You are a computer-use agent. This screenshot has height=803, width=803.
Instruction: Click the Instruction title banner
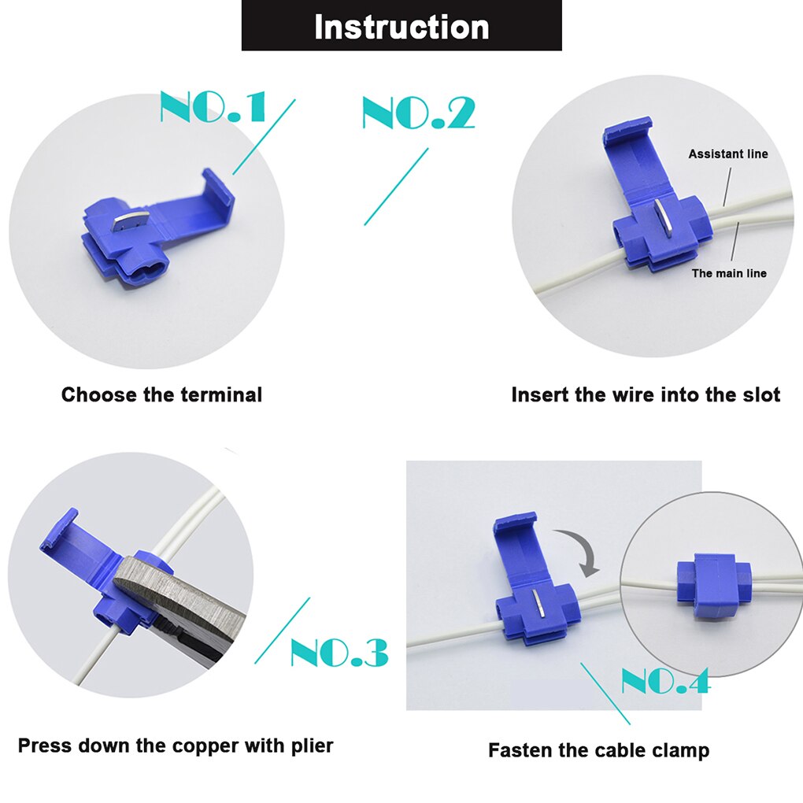pyautogui.click(x=401, y=26)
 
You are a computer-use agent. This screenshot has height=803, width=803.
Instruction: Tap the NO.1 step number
pyautogui.click(x=213, y=108)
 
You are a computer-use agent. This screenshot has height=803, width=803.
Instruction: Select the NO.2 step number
pyautogui.click(x=418, y=113)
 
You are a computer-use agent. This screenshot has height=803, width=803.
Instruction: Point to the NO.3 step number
pyautogui.click(x=339, y=653)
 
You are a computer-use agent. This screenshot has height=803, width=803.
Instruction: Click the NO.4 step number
pyautogui.click(x=665, y=682)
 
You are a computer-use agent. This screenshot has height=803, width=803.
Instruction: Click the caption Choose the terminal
pyautogui.click(x=161, y=394)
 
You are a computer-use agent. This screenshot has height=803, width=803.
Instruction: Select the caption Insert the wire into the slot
pyautogui.click(x=646, y=394)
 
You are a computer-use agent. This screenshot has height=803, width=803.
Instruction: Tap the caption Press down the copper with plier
pyautogui.click(x=176, y=745)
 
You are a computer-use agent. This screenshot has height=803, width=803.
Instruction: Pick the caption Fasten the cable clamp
pyautogui.click(x=598, y=750)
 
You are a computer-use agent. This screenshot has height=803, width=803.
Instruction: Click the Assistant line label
pyautogui.click(x=728, y=154)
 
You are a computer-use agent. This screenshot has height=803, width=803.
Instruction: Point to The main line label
pyautogui.click(x=729, y=273)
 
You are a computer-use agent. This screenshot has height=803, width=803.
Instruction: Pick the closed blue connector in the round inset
pyautogui.click(x=710, y=583)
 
